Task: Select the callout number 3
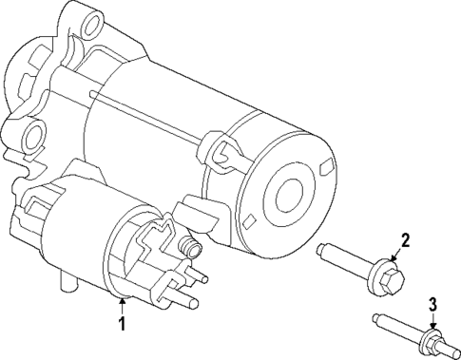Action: tap(432, 304)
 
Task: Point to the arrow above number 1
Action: tap(122, 306)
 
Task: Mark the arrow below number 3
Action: tap(432, 323)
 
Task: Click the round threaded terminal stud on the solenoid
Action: tap(189, 252)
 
